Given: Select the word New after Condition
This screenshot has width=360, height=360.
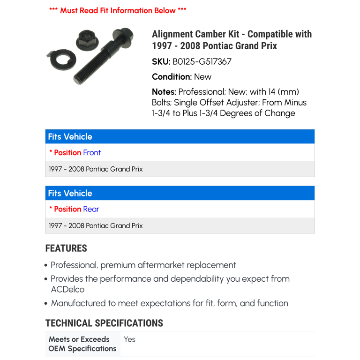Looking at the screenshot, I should tap(202, 77).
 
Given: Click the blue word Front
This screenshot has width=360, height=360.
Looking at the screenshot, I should tap(92, 152).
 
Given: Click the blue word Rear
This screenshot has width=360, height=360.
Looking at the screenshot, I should tap(91, 209).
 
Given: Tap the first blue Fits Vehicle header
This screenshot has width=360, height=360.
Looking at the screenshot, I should tap(70, 137).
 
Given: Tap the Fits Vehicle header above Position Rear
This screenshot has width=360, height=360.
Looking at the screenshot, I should tap(70, 193).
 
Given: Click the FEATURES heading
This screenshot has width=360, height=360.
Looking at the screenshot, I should tap(66, 248).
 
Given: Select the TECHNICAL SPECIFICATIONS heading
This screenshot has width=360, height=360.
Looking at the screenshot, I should tap(104, 323).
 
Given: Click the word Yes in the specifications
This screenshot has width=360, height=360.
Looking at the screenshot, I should tap(130, 339).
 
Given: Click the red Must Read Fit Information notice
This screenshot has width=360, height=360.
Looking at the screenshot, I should tap(118, 10).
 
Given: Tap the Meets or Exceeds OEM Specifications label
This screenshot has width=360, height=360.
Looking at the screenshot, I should tap(82, 344).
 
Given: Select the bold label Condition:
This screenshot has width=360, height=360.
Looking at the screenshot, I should tap(172, 77).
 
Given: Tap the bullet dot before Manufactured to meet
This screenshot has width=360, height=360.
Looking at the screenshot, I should tap(46, 304).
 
